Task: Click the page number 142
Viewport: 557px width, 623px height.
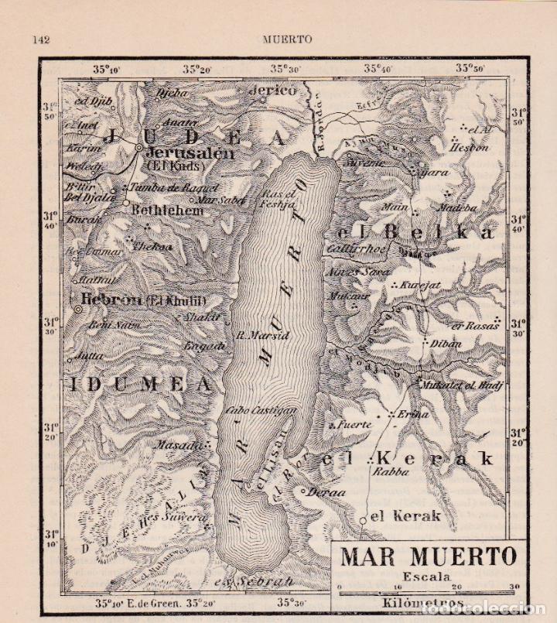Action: click(x=40, y=39)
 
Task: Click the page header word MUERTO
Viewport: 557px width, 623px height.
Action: click(x=287, y=39)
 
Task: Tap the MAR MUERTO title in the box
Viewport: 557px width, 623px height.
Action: click(x=429, y=556)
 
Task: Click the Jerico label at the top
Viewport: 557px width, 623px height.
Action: click(x=272, y=90)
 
